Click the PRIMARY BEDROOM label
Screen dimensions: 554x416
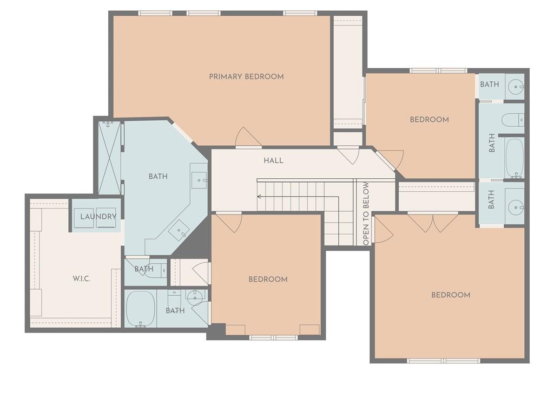pyautogui.click(x=246, y=76)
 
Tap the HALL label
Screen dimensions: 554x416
pyautogui.click(x=273, y=160)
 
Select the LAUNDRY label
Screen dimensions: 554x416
pyautogui.click(x=98, y=217)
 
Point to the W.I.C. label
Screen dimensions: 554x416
pyautogui.click(x=82, y=279)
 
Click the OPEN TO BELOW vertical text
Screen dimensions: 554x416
pyautogui.click(x=366, y=213)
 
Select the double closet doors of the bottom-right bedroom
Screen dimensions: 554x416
pyautogui.click(x=433, y=223)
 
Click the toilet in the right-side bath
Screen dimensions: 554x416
pyautogui.click(x=513, y=119)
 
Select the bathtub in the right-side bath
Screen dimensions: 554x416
pyautogui.click(x=515, y=158)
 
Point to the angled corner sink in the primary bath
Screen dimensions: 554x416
pyautogui.click(x=179, y=230)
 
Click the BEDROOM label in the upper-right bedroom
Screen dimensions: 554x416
pyautogui.click(x=429, y=120)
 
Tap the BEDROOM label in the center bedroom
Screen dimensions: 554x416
pyautogui.click(x=268, y=279)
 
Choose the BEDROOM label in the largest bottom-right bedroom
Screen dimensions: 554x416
pyautogui.click(x=451, y=295)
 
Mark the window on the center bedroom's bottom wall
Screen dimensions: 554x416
pyautogui.click(x=274, y=337)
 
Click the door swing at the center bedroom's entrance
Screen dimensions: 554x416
pyautogui.click(x=228, y=222)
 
